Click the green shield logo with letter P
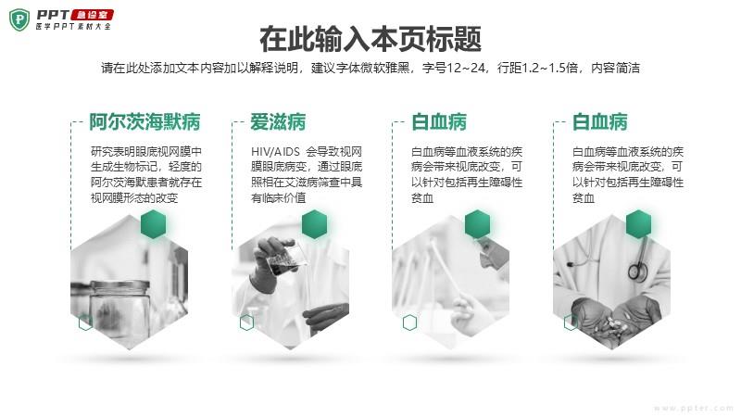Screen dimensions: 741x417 tap(19, 19)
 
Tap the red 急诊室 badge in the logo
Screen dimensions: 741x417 tap(92, 15)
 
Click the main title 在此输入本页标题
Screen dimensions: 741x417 tap(370, 39)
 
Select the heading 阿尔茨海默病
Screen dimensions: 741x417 tap(144, 122)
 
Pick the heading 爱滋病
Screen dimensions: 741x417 tap(278, 122)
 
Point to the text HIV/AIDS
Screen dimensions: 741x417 tap(275, 152)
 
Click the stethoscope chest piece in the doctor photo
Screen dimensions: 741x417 tap(637, 272)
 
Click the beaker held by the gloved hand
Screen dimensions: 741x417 tap(286, 258)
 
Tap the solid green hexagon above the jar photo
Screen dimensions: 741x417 tap(154, 224)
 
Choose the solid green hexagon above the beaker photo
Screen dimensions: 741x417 tap(314, 224)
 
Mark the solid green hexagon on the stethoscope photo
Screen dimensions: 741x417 tap(638, 224)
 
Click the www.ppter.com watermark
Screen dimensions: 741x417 tap(693, 408)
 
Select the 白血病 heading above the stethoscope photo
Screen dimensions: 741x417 tap(599, 122)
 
